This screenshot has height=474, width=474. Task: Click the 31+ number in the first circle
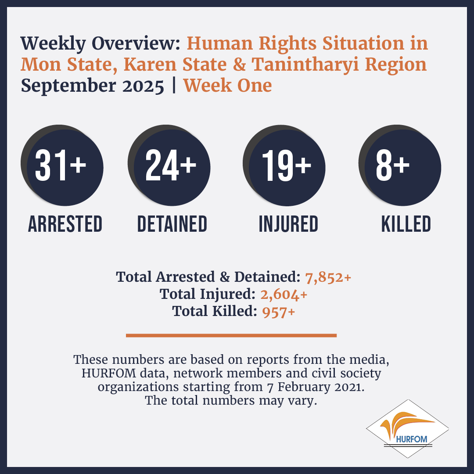click(x=61, y=165)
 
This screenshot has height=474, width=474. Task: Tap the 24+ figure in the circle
click(x=171, y=165)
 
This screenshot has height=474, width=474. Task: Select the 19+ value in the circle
click(x=287, y=165)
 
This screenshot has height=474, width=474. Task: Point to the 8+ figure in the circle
click(x=393, y=165)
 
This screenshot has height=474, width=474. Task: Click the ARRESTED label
click(x=65, y=224)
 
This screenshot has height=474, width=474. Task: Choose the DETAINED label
click(x=172, y=224)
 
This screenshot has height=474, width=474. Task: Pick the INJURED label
click(x=288, y=224)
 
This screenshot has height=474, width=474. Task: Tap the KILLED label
click(x=406, y=224)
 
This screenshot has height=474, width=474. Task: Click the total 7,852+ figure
click(x=328, y=277)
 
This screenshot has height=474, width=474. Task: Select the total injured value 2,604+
click(x=284, y=294)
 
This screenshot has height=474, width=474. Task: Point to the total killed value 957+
click(x=278, y=312)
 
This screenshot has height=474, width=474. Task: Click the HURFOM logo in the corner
click(x=407, y=429)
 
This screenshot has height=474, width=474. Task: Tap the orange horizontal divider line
click(x=231, y=335)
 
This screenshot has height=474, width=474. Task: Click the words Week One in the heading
click(x=228, y=86)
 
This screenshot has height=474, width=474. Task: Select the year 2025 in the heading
click(x=143, y=86)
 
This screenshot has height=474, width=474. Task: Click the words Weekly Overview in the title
click(x=101, y=43)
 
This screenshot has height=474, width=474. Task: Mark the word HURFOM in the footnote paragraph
click(x=109, y=373)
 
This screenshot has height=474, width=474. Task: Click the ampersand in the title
click(x=239, y=65)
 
